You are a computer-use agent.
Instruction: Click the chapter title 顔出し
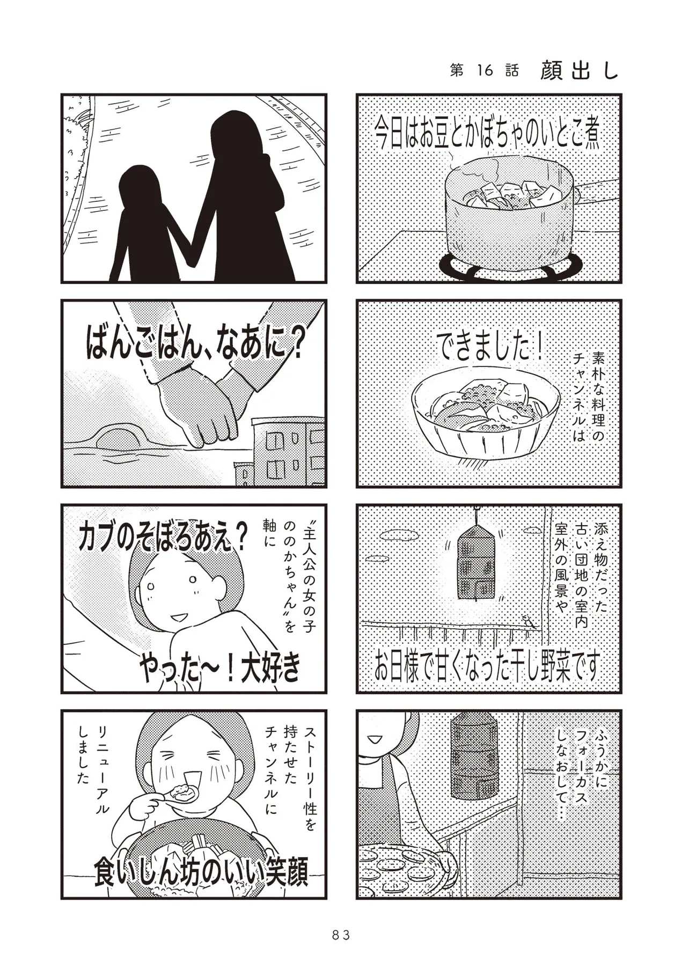(x=580, y=70)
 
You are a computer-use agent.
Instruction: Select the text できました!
(x=489, y=348)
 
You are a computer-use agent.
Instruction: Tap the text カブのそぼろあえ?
(x=163, y=538)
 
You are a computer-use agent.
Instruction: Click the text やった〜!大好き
(x=219, y=669)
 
